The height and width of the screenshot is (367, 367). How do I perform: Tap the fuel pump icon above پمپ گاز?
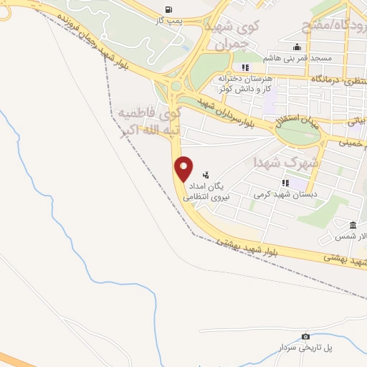coord(168,9)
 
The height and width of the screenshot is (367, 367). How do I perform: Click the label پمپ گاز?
coord(169,22)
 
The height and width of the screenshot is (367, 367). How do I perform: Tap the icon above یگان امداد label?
coord(206,173)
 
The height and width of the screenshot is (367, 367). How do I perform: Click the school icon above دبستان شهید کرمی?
coord(285,183)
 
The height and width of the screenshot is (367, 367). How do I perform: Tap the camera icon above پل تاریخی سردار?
coord(306,336)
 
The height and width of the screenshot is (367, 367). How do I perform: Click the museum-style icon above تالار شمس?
coord(353,224)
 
